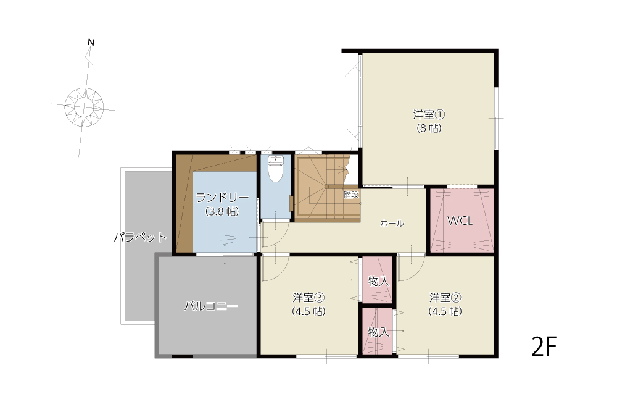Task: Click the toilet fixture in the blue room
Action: click(x=275, y=169)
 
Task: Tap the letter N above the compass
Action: click(x=91, y=42)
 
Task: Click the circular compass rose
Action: click(x=84, y=107)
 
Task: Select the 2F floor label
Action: click(x=544, y=347)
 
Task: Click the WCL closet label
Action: click(x=460, y=221)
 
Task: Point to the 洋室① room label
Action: click(x=429, y=115)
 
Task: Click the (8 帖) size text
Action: click(x=429, y=128)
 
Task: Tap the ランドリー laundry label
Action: click(x=222, y=197)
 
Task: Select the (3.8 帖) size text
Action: click(x=222, y=211)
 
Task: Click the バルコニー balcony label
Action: click(x=211, y=306)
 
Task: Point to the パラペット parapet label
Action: click(x=141, y=237)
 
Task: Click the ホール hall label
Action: click(x=392, y=224)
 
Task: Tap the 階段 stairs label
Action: click(x=351, y=195)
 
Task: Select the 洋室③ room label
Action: click(x=309, y=297)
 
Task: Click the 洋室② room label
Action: click(x=445, y=297)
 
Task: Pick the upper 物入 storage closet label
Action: click(x=379, y=281)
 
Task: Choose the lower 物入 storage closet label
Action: click(x=379, y=332)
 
